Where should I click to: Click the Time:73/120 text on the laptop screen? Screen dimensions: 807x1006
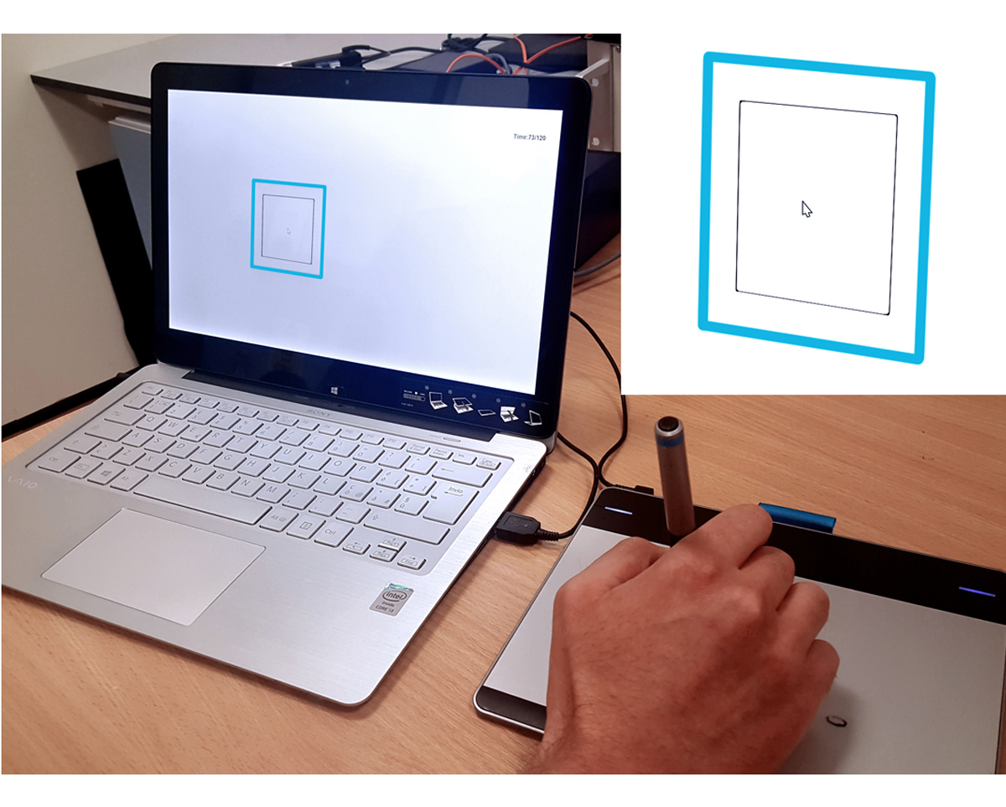click(x=529, y=137)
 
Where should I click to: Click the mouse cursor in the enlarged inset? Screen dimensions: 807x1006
click(x=806, y=210)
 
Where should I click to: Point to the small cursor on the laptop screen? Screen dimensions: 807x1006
click(x=288, y=230)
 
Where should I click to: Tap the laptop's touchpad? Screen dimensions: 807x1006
click(x=154, y=565)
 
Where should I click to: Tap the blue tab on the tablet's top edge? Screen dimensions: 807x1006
click(x=796, y=517)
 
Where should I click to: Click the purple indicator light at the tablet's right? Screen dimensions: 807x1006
click(x=976, y=591)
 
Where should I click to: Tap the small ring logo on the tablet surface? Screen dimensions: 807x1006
click(x=836, y=721)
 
